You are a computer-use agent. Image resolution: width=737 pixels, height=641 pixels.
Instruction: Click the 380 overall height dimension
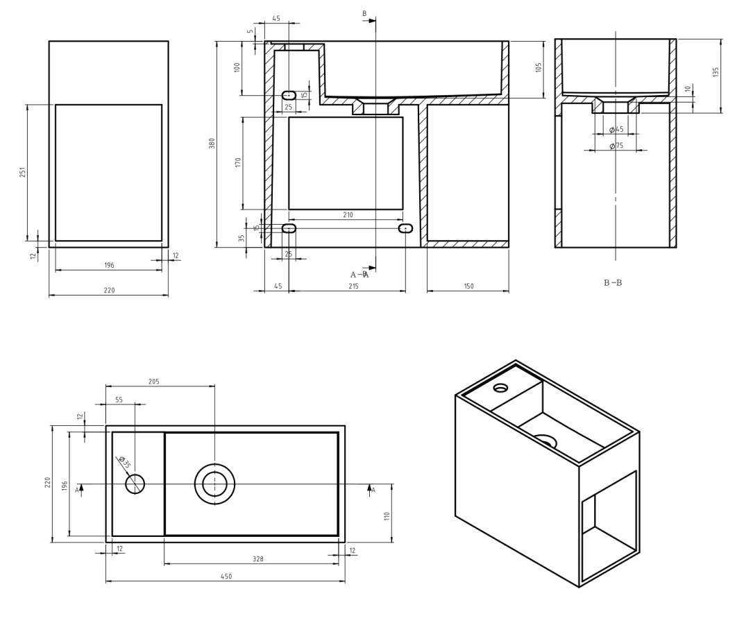click(x=213, y=144)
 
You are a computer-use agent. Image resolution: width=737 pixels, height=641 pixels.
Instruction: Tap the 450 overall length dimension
click(x=225, y=576)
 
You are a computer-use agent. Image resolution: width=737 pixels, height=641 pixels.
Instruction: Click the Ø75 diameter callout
click(x=616, y=146)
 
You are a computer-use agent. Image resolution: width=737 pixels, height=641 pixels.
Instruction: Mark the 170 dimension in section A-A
click(x=237, y=162)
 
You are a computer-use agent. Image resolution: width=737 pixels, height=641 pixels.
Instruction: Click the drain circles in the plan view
click(x=214, y=484)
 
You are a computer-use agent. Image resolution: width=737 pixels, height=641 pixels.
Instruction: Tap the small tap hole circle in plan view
click(x=135, y=484)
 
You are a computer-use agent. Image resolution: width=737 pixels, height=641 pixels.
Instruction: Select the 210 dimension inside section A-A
click(x=347, y=215)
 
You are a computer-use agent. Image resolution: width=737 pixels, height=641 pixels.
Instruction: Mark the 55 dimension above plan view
click(x=118, y=400)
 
